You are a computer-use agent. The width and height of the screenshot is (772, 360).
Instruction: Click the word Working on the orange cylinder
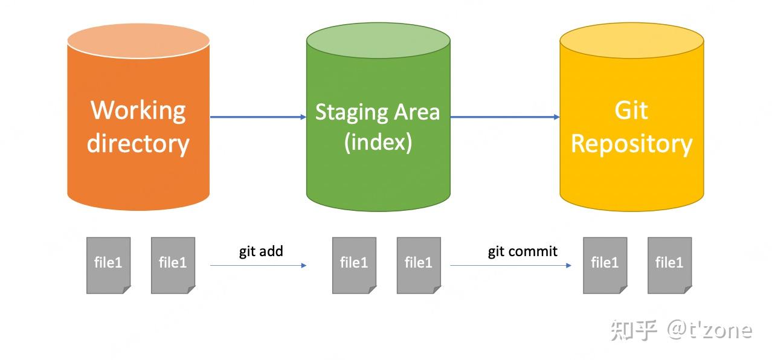pyautogui.click(x=138, y=111)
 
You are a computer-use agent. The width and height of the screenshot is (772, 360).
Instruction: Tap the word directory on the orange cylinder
pyautogui.click(x=138, y=144)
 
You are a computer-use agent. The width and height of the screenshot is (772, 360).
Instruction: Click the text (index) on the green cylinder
pyautogui.click(x=378, y=142)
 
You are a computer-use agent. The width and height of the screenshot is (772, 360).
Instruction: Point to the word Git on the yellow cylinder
pyautogui.click(x=631, y=111)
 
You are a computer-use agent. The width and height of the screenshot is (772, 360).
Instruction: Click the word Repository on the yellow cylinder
pyautogui.click(x=631, y=144)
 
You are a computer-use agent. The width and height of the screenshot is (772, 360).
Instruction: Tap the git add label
pyautogui.click(x=261, y=251)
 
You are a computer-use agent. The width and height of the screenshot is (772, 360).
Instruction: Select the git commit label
pyautogui.click(x=523, y=251)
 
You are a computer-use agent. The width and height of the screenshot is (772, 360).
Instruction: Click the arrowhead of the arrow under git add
pyautogui.click(x=304, y=265)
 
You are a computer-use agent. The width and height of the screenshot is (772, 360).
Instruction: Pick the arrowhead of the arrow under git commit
pyautogui.click(x=569, y=265)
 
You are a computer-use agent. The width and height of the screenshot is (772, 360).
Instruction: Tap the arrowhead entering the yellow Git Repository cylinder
pyautogui.click(x=557, y=117)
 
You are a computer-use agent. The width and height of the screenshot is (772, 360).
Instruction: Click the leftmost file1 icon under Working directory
pyautogui.click(x=108, y=265)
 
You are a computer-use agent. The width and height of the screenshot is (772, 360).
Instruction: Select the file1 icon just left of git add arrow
pyautogui.click(x=173, y=265)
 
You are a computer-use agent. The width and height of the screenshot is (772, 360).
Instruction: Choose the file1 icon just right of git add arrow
pyautogui.click(x=354, y=265)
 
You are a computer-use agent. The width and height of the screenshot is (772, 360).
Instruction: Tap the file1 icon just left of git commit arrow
pyautogui.click(x=419, y=265)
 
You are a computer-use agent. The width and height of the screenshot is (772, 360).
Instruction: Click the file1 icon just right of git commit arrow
pyautogui.click(x=605, y=265)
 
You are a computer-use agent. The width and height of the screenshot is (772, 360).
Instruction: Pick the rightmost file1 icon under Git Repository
pyautogui.click(x=669, y=265)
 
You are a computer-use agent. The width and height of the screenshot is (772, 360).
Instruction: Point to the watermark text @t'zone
pyautogui.click(x=710, y=330)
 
